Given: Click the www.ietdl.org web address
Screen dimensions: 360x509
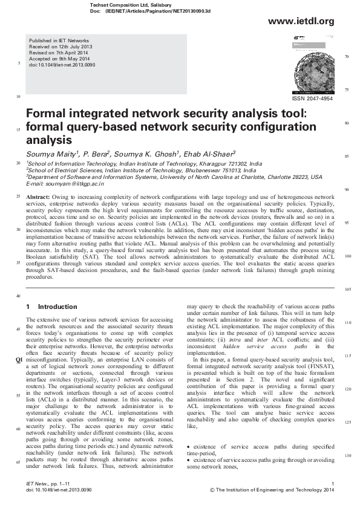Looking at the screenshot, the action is click(x=306, y=22).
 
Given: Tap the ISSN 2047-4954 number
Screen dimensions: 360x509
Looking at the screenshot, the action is click(x=312, y=99).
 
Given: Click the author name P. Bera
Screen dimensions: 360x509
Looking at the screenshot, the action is click(x=96, y=154).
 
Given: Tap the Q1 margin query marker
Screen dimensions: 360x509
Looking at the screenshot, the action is click(x=19, y=359).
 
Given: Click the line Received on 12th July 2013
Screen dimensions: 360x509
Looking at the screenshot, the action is click(x=60, y=46).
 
